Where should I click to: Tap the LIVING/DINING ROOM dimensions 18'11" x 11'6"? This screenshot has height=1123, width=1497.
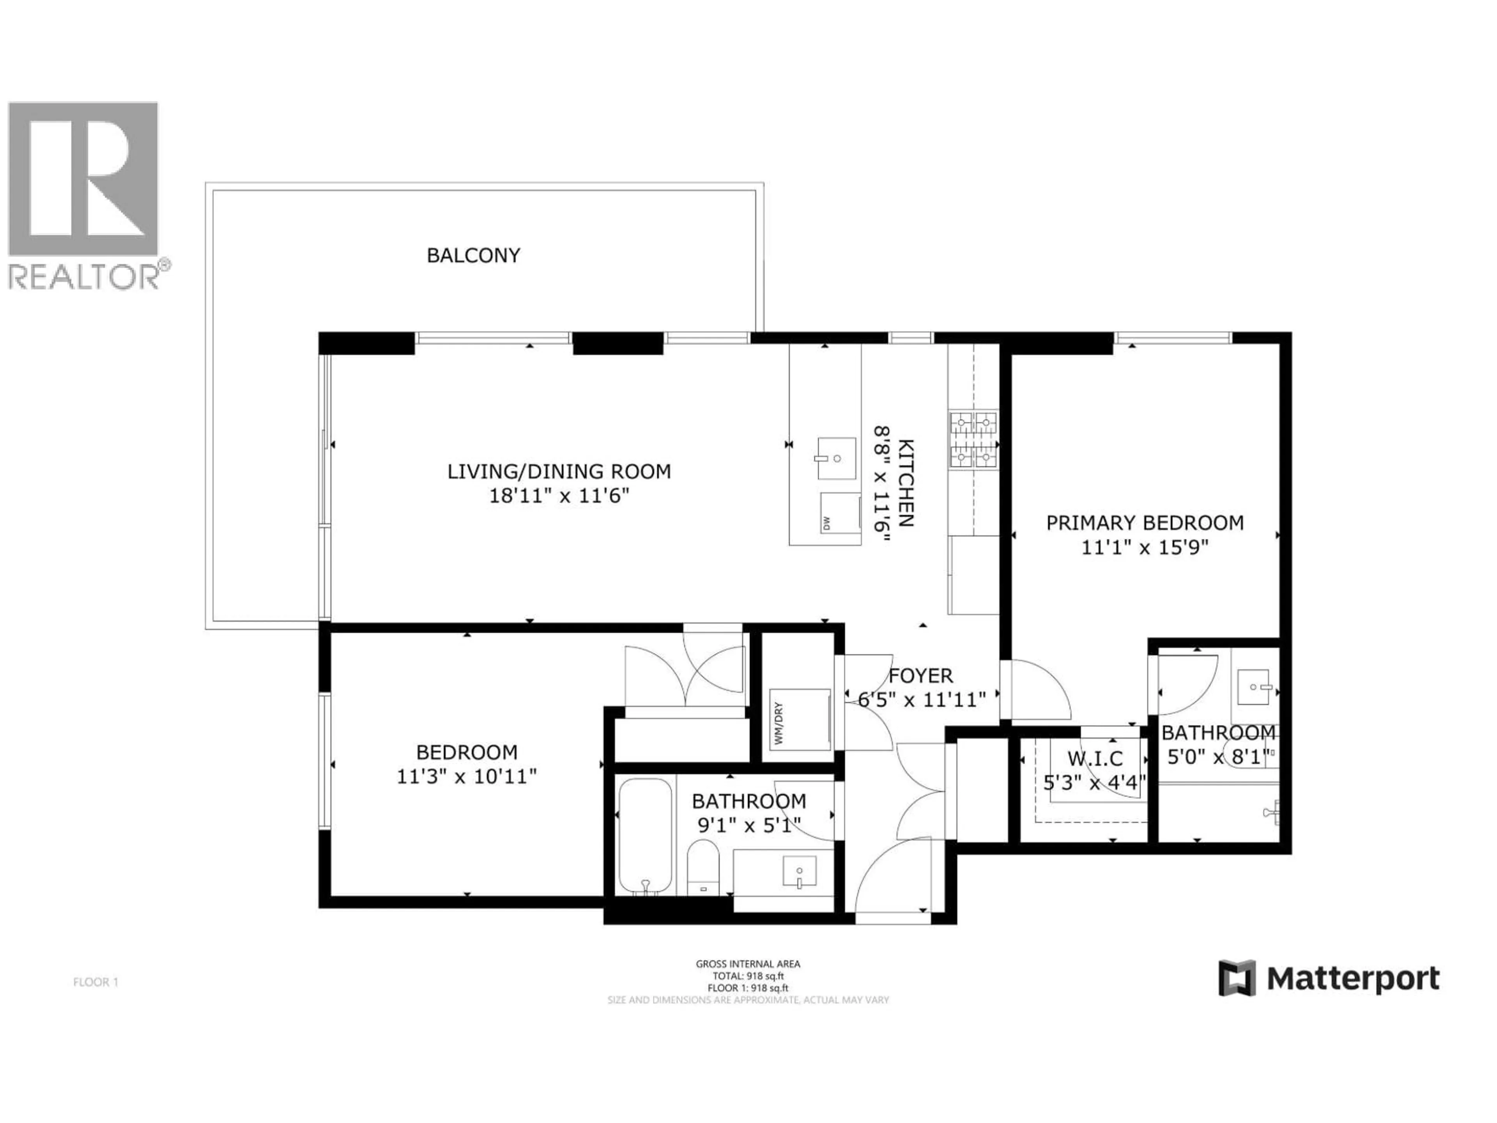tap(559, 496)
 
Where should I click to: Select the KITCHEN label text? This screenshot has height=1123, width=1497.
tap(906, 483)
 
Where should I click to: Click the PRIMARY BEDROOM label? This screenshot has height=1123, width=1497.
tap(1145, 523)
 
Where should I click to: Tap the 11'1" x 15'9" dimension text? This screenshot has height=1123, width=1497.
tap(1145, 547)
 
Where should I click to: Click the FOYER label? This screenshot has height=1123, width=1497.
tap(920, 676)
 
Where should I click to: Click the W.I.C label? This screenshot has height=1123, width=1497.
tap(1095, 758)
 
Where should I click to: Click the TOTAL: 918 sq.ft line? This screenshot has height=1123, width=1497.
tap(748, 976)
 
